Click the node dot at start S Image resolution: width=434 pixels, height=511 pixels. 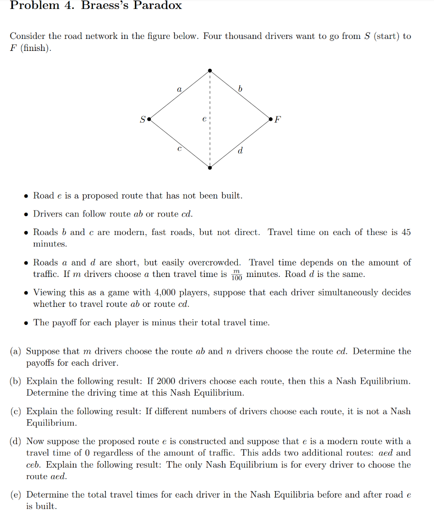(149, 120)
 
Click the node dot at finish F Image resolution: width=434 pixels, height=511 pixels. (270, 120)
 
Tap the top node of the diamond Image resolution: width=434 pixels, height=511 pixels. (210, 70)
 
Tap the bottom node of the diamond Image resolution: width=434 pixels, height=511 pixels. (210, 168)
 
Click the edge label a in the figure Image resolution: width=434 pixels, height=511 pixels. (179, 90)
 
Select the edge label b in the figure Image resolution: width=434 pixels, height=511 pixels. (240, 89)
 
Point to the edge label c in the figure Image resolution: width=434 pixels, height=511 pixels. (179, 149)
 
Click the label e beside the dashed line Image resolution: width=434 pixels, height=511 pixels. (203, 120)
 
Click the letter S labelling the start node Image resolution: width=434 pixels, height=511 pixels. (142, 120)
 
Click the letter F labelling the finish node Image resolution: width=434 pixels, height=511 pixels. (278, 120)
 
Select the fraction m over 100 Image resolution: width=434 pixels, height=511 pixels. (237, 275)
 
